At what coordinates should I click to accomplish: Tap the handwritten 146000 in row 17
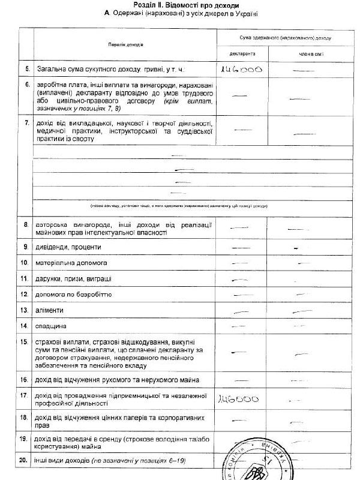(238, 398)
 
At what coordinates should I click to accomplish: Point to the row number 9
(26, 247)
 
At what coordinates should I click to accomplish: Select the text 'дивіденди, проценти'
(68, 247)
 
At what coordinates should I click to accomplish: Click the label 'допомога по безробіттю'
(73, 295)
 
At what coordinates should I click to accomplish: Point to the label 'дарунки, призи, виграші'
(72, 279)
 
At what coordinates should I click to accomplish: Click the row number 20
(24, 460)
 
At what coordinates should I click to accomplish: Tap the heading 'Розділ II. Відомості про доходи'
(179, 4)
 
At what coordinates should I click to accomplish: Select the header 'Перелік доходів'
(118, 45)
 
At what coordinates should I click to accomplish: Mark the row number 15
(25, 341)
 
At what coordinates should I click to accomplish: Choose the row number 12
(25, 295)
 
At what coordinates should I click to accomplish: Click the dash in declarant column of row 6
(239, 95)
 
